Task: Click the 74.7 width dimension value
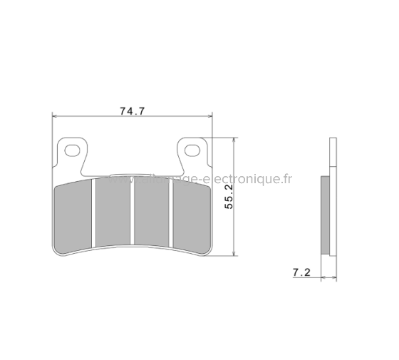click(x=133, y=110)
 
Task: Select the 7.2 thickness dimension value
click(x=299, y=272)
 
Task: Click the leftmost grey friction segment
click(x=75, y=215)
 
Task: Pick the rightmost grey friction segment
click(x=189, y=215)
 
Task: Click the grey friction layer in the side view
click(x=326, y=213)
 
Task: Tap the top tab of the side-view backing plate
click(x=331, y=153)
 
